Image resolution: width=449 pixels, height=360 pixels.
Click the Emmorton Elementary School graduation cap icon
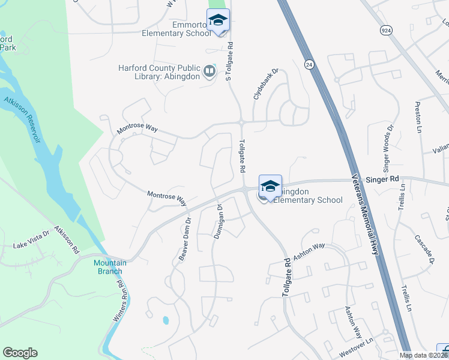pyautogui.click(x=218, y=21)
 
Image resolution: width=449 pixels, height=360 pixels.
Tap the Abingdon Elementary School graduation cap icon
pyautogui.click(x=270, y=185)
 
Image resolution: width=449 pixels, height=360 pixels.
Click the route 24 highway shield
pyautogui.click(x=309, y=63)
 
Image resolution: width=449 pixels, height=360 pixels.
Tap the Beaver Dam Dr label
pyautogui.click(x=184, y=239)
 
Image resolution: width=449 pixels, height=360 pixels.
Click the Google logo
pyautogui.click(x=20, y=353)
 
